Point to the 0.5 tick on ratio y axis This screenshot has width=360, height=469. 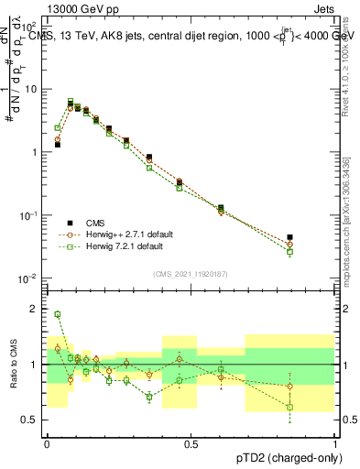click(32, 420)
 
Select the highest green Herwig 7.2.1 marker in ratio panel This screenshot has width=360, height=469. click(58, 314)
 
